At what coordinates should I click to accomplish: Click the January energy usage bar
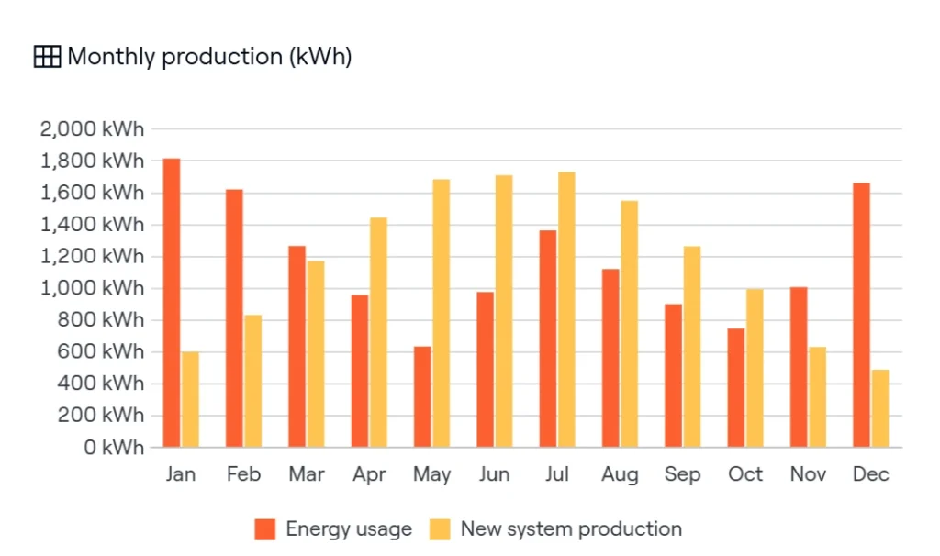[x=172, y=303]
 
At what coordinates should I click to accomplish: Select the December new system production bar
[x=880, y=408]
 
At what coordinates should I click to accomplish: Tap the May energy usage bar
[x=422, y=396]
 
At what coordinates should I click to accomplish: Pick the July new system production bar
[x=566, y=309]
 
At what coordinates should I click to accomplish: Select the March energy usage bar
[x=297, y=346]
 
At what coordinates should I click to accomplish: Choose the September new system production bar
[x=692, y=346]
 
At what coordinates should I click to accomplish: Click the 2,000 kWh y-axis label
[x=93, y=129]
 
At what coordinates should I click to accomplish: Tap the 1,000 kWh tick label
[x=93, y=288]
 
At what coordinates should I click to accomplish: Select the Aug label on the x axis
[x=621, y=474]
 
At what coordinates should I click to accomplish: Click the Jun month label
[x=495, y=474]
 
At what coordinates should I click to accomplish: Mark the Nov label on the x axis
[x=809, y=474]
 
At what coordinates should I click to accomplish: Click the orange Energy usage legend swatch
[x=266, y=529]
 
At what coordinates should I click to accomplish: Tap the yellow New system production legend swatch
[x=441, y=529]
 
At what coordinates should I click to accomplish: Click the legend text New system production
[x=571, y=529]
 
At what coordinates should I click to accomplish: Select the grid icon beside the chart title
[x=46, y=57]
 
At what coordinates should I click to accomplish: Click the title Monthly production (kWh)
[x=209, y=57]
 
